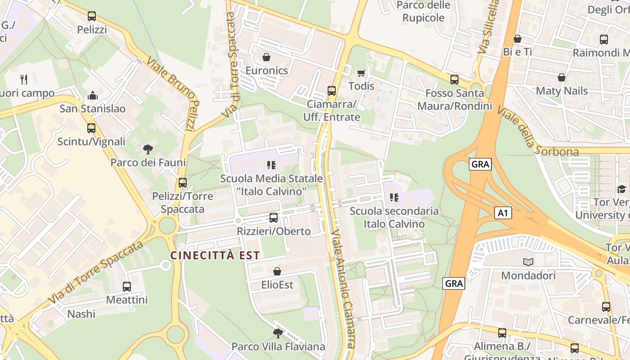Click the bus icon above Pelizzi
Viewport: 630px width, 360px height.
point(92,16)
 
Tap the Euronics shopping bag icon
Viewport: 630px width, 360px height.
point(266,57)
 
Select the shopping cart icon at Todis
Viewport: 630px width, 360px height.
point(361,73)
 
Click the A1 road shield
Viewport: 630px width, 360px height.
point(503,213)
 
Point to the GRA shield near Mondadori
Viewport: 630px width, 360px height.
point(454,283)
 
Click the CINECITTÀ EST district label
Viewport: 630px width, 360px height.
point(215,256)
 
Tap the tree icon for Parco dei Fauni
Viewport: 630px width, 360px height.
point(148,149)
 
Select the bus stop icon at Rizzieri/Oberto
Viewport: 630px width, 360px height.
point(274,218)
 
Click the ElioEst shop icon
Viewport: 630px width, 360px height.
point(277,271)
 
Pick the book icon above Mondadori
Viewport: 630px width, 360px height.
point(528,262)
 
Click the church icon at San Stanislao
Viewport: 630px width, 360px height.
point(93,95)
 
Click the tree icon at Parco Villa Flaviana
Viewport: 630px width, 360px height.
point(278,333)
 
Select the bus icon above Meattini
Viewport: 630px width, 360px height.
point(127,286)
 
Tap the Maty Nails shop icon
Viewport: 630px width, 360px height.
point(562,77)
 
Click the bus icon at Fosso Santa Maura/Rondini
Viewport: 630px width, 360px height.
point(454,80)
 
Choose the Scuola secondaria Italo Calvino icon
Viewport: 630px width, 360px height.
point(394,197)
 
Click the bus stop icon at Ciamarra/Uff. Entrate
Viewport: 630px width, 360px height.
point(332,90)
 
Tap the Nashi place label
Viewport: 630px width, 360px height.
point(81,314)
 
